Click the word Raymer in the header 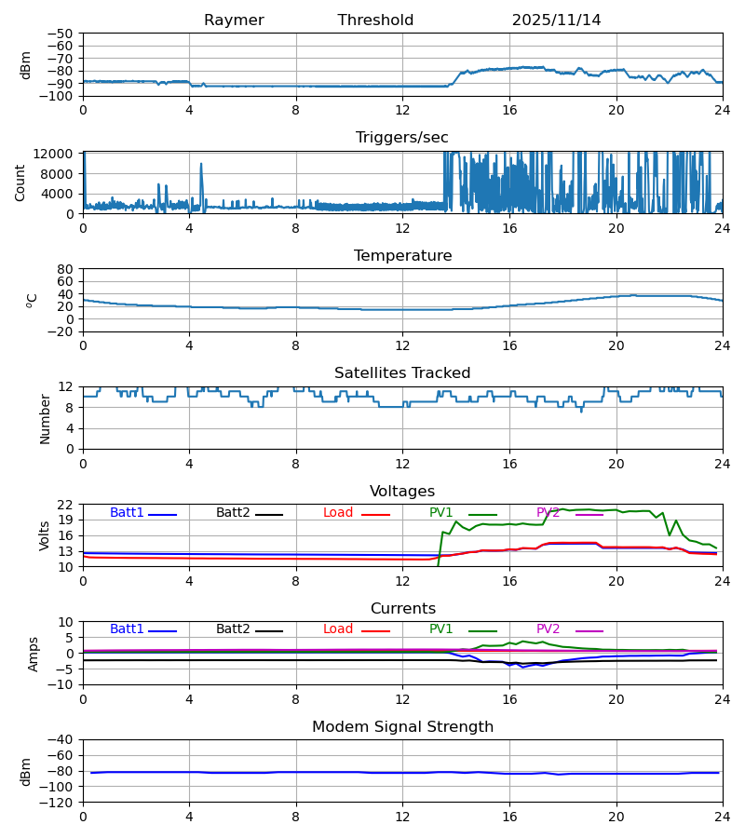pos(234,20)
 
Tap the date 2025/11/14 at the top pos(556,20)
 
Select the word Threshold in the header pos(375,20)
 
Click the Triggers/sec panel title pos(402,138)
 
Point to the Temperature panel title pos(402,256)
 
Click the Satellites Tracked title pos(402,373)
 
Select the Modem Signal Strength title pos(402,727)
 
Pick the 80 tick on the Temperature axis pos(66,269)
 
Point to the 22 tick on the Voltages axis pos(66,505)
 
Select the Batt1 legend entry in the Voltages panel pos(127,513)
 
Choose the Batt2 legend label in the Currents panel pos(233,630)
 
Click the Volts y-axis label pos(45,535)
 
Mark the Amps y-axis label pos(35,654)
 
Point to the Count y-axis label pos(20,182)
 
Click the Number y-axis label pos(45,418)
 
